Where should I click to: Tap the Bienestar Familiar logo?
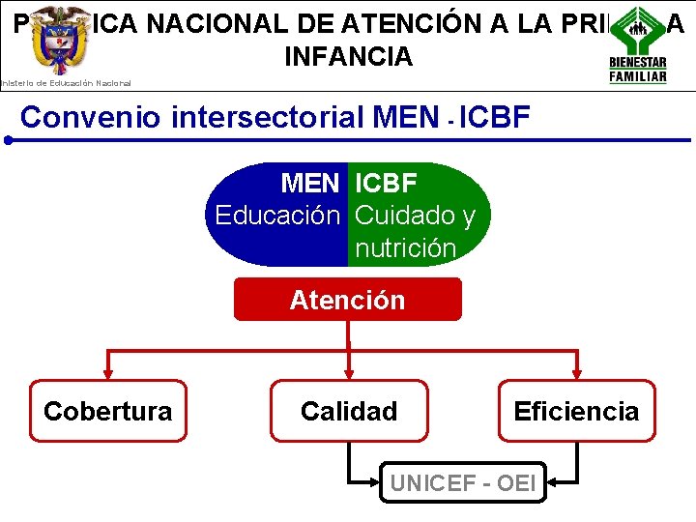click(x=637, y=44)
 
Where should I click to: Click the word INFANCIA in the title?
click(x=348, y=57)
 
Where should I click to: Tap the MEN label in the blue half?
click(x=309, y=183)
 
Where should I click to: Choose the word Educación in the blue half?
click(x=277, y=215)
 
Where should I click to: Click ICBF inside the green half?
click(x=386, y=183)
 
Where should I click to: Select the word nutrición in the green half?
click(x=405, y=248)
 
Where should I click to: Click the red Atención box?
click(x=348, y=300)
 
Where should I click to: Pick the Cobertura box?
click(x=108, y=411)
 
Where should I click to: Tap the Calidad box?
click(x=348, y=411)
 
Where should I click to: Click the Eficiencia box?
click(x=576, y=411)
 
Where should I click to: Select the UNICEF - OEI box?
click(x=462, y=481)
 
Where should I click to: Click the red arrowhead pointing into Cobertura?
click(x=108, y=373)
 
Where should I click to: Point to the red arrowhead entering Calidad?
click(x=348, y=373)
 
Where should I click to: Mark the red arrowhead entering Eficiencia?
click(x=577, y=373)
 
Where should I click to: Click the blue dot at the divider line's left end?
click(x=7, y=140)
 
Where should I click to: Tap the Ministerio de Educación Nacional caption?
click(x=66, y=83)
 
